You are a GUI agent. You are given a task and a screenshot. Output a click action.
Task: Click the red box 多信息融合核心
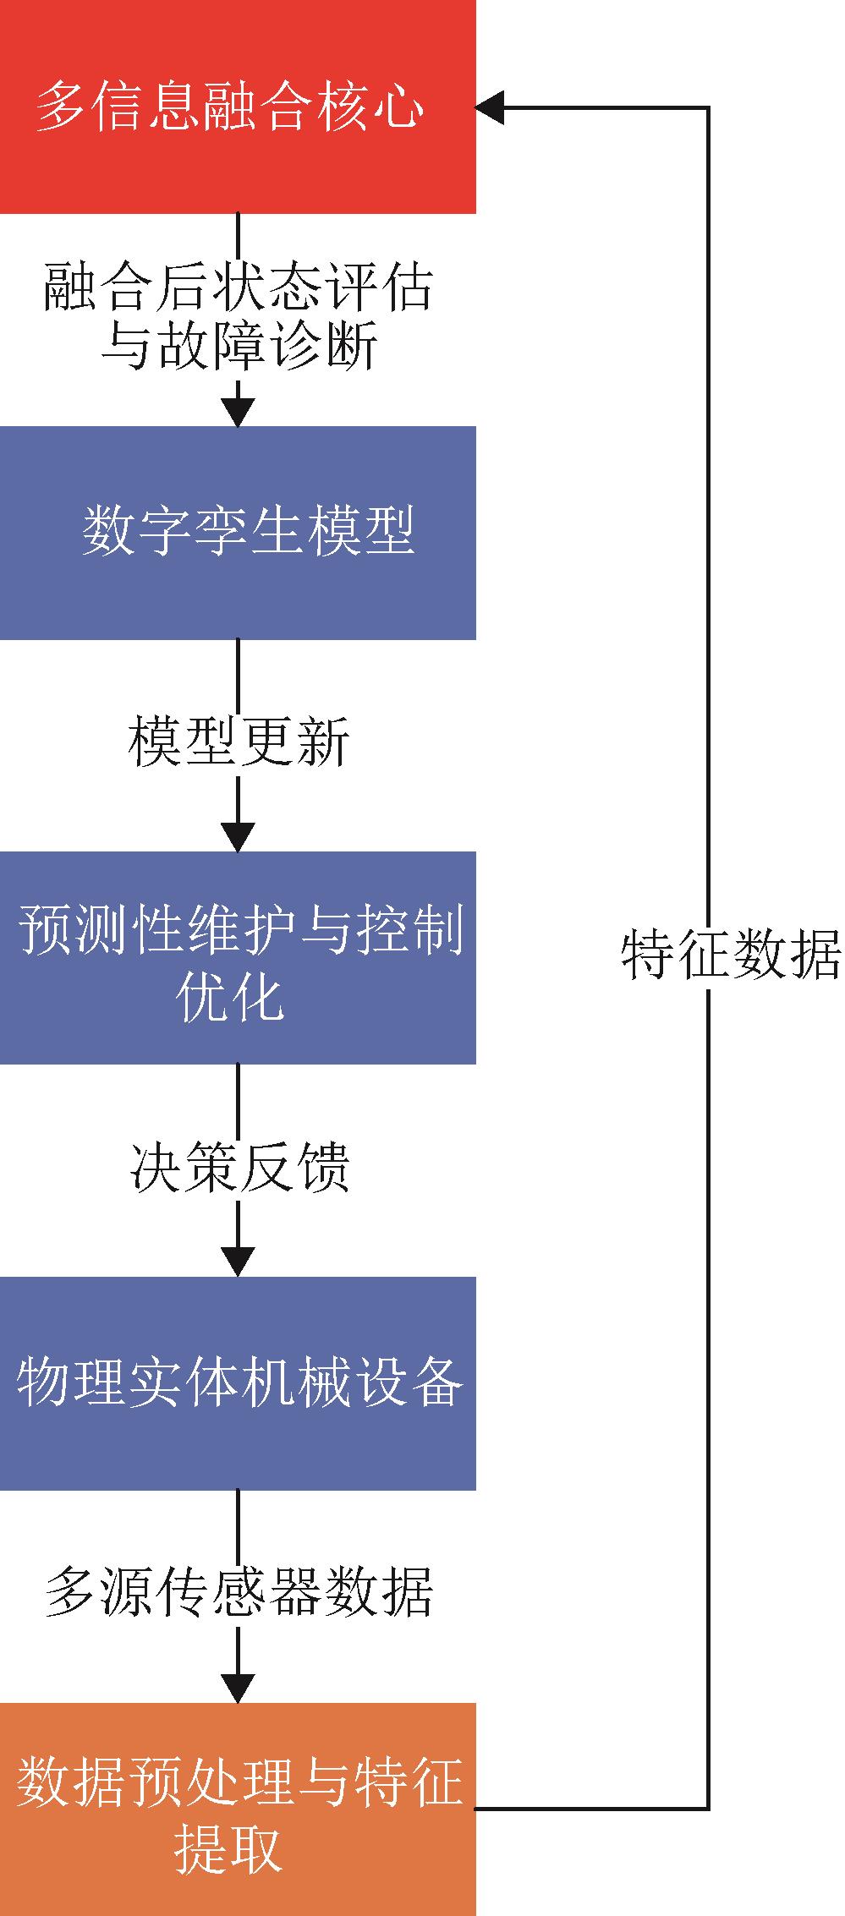[x=238, y=107]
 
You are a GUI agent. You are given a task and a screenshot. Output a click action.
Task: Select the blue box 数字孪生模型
[x=238, y=533]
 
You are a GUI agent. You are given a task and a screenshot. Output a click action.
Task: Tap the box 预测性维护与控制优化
[x=238, y=957]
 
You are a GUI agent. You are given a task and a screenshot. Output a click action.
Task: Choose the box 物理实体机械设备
[x=238, y=1383]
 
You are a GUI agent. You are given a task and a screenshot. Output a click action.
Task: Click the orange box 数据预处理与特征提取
[x=238, y=1809]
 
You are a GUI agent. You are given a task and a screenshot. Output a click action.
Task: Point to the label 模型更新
[x=239, y=742]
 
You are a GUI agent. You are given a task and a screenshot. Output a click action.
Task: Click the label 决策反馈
[x=239, y=1168]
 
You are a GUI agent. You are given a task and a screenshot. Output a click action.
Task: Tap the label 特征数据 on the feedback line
[x=731, y=955]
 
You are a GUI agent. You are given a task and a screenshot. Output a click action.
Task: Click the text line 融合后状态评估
[x=239, y=287]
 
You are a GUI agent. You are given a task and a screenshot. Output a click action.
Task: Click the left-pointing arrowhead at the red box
[x=491, y=107]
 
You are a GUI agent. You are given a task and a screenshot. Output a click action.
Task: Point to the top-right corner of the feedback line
[x=707, y=107]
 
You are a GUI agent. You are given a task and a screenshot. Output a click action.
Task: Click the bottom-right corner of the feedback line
[x=707, y=1809]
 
